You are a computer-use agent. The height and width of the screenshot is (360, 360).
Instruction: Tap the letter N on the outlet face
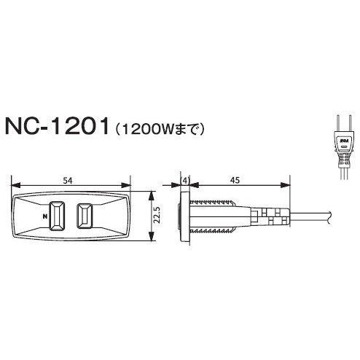(x=46, y=217)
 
